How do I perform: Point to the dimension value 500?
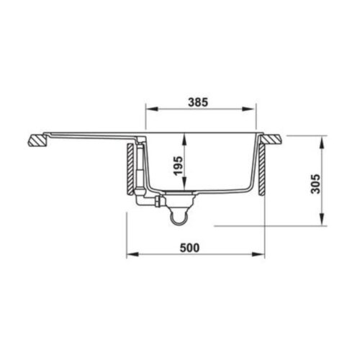coord(189,247)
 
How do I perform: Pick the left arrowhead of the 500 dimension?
coord(130,256)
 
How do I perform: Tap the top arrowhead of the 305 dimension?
coord(320,136)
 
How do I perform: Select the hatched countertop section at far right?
coord(274,137)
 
